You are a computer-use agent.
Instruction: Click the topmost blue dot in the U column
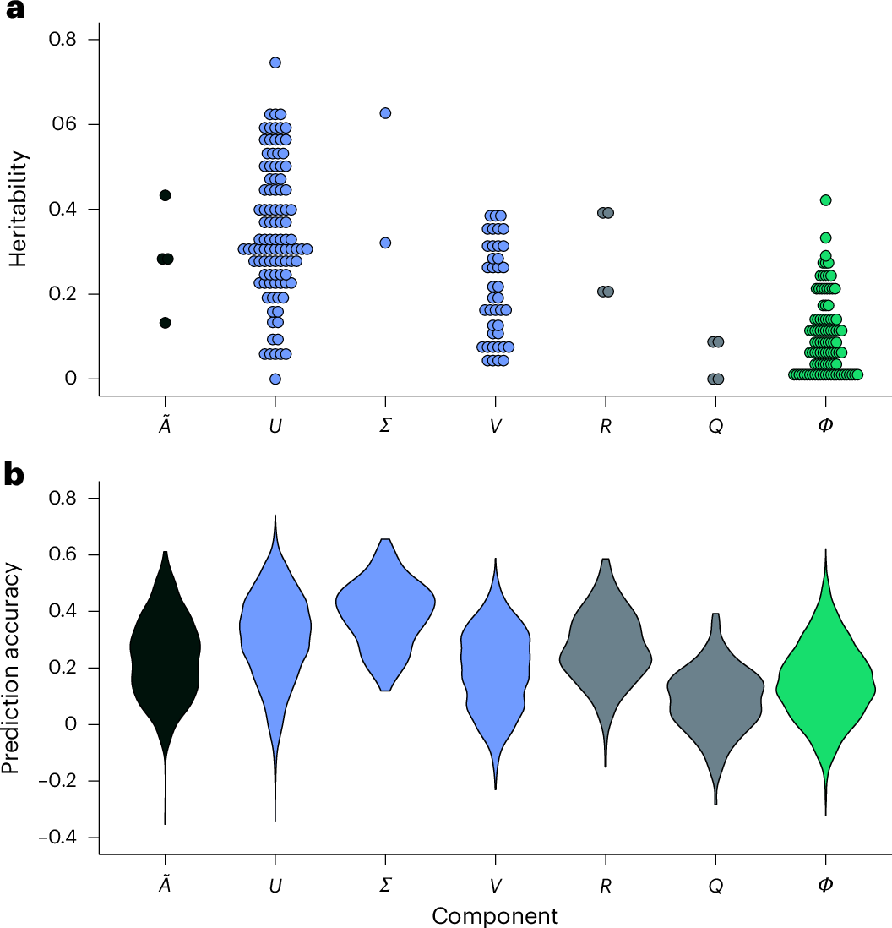275,63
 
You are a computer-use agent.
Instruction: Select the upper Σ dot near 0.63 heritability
385,113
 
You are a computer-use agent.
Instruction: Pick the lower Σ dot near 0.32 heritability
385,243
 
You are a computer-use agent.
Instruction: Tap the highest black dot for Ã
166,195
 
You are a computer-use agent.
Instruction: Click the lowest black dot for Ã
166,323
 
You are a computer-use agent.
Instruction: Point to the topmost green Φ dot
825,200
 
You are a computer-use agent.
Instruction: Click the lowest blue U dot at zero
275,379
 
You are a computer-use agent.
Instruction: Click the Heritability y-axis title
19,209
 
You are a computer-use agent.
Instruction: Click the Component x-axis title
495,915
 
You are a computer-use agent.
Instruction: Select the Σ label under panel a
385,425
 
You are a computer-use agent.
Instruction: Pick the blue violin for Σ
385,609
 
